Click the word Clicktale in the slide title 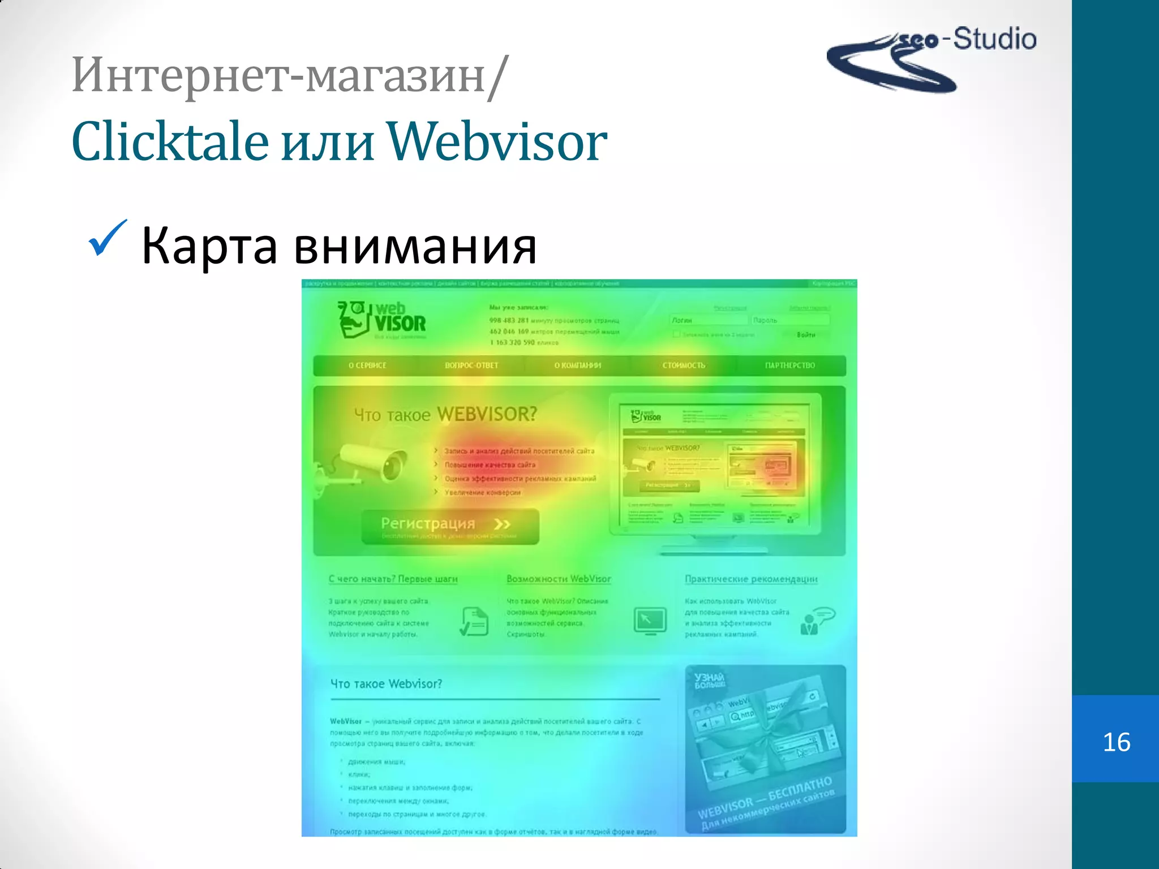tap(170, 141)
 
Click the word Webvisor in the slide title tap(497, 141)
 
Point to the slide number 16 tap(1116, 742)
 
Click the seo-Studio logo tap(931, 58)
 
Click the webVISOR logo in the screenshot tap(382, 320)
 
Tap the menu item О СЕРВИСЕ tap(367, 365)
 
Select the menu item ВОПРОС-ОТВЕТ tap(471, 365)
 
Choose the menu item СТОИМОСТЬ tap(684, 365)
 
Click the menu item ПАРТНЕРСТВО tap(790, 365)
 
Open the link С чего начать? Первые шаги tap(393, 579)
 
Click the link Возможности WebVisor tap(559, 579)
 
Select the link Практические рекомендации tap(751, 579)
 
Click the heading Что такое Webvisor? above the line tap(386, 683)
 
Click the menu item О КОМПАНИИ tap(577, 365)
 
